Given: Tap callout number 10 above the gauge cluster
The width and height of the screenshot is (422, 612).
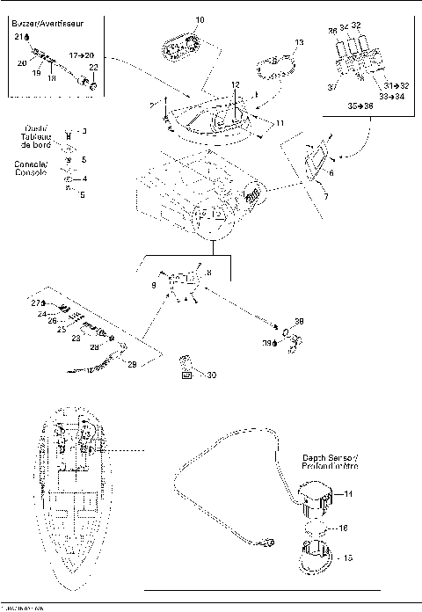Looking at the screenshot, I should tap(200, 19).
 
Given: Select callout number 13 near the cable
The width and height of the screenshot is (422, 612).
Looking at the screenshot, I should tap(299, 42).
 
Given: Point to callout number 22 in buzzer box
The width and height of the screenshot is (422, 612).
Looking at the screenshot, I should tap(94, 68).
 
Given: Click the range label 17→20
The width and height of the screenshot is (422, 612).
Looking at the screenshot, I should tap(82, 55).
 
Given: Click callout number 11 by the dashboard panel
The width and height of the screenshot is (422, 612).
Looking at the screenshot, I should tap(280, 125).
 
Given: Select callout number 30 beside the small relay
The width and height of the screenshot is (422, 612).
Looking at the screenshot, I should tap(211, 375).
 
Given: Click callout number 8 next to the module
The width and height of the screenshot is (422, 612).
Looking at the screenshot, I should tap(209, 273).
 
